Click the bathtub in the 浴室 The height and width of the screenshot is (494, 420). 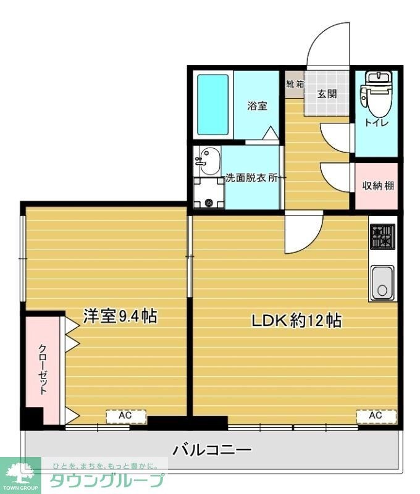[x=213, y=106]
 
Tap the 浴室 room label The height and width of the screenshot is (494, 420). [x=257, y=106]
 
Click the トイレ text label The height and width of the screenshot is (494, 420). [x=376, y=123]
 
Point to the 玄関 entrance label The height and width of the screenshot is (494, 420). [x=327, y=94]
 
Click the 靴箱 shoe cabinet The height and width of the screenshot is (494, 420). [x=295, y=84]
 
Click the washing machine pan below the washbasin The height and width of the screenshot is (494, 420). [x=208, y=193]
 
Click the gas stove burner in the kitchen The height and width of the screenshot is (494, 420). [x=382, y=237]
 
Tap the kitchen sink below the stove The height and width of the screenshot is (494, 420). [x=382, y=283]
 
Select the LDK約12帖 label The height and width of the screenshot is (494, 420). [x=296, y=320]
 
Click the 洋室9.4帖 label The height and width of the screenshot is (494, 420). [x=120, y=316]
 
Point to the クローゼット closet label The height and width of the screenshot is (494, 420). [x=43, y=369]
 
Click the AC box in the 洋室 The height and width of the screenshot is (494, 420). [x=125, y=416]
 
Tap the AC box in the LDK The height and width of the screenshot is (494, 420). [x=376, y=416]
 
